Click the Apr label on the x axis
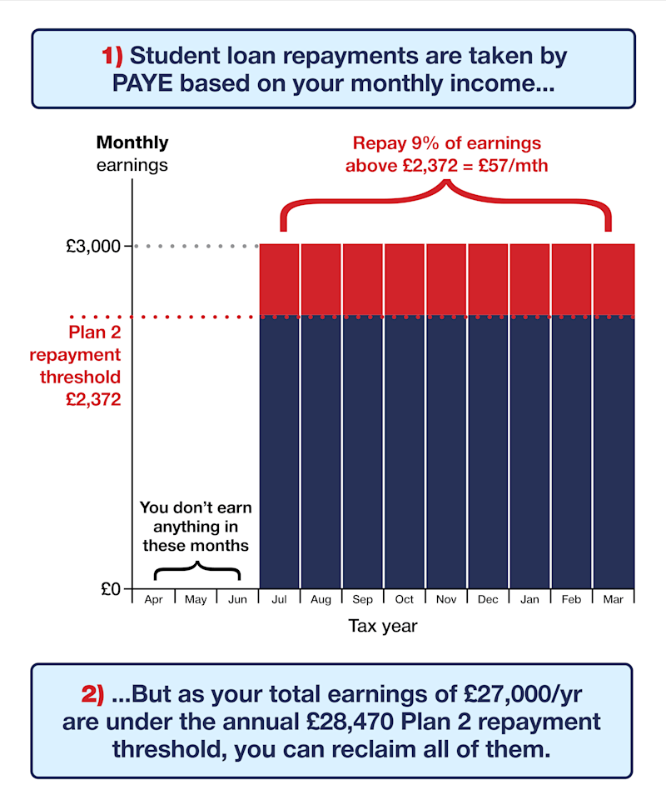point(154,600)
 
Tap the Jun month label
point(237,600)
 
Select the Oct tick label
point(405,600)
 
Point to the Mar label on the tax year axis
point(613,600)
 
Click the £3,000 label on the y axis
point(99,247)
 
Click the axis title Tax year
point(383,627)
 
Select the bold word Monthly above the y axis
point(132,142)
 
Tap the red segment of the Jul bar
point(280,280)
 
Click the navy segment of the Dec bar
point(488,450)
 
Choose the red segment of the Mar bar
point(614,280)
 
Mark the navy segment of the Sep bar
point(363,450)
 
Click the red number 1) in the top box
point(112,57)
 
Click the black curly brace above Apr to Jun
point(197,571)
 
